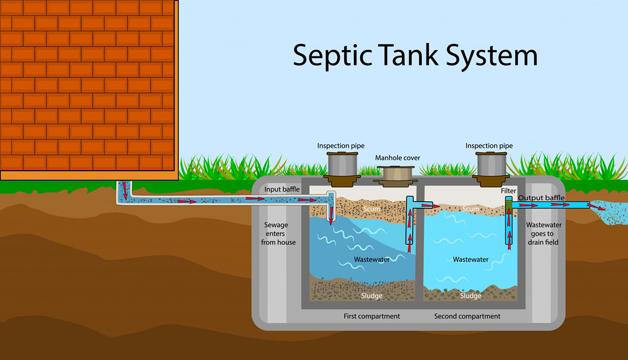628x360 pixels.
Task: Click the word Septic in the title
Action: point(332,56)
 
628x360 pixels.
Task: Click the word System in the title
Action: point(492,56)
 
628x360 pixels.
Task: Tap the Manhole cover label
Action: point(398,158)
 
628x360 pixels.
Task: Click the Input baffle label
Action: point(282,189)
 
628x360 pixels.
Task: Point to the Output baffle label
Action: point(541,198)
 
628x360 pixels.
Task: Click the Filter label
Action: point(509,191)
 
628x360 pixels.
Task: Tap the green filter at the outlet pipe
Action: point(509,206)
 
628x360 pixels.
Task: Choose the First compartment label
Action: point(372,316)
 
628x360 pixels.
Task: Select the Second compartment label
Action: point(467,316)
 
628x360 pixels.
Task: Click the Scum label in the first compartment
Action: point(372,209)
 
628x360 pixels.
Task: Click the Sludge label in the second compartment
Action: point(470,296)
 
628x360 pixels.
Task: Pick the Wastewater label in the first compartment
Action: point(372,260)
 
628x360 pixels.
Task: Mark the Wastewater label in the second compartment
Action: point(470,260)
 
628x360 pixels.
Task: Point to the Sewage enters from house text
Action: point(277,233)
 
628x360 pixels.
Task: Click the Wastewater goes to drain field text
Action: point(544,233)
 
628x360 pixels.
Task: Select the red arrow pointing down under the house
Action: point(125,190)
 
